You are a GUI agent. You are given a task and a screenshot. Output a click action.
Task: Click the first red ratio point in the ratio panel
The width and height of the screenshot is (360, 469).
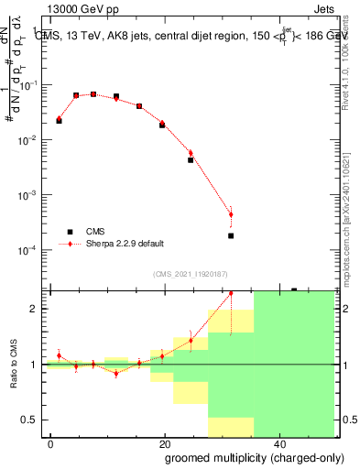pos(59,355)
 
